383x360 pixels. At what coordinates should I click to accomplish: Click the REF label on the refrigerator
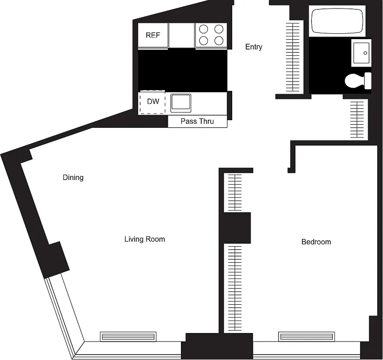click(x=153, y=35)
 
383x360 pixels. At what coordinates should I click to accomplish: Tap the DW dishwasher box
click(x=153, y=102)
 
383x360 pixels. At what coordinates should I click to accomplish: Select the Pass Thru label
click(x=197, y=121)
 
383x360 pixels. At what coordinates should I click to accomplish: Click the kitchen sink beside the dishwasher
click(x=181, y=103)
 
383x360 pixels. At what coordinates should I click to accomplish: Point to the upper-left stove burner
click(x=203, y=29)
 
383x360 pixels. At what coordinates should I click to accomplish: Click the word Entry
click(x=253, y=47)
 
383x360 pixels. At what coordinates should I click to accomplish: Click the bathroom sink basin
click(x=361, y=53)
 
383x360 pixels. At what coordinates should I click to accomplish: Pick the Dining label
click(x=73, y=178)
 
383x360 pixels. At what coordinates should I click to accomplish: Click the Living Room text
click(x=144, y=239)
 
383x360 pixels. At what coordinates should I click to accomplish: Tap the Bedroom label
click(x=316, y=242)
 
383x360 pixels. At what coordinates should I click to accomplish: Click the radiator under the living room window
click(x=128, y=336)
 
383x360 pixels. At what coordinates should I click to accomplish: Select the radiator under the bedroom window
click(x=306, y=336)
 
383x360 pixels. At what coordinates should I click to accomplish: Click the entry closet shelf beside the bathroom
click(x=293, y=56)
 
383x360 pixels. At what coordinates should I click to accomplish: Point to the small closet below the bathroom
click(x=358, y=120)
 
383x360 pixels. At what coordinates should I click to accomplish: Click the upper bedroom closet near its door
click(x=234, y=192)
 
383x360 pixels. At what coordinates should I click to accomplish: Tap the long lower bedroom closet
click(x=234, y=288)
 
